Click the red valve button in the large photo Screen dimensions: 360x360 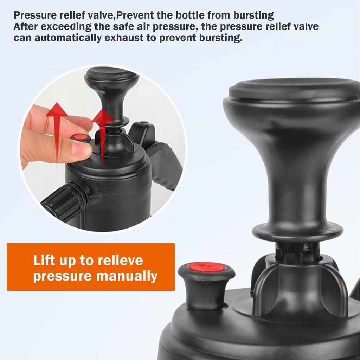tap(207, 267)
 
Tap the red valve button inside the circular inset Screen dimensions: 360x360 tap(81, 137)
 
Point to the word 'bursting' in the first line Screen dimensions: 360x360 tap(253, 15)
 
